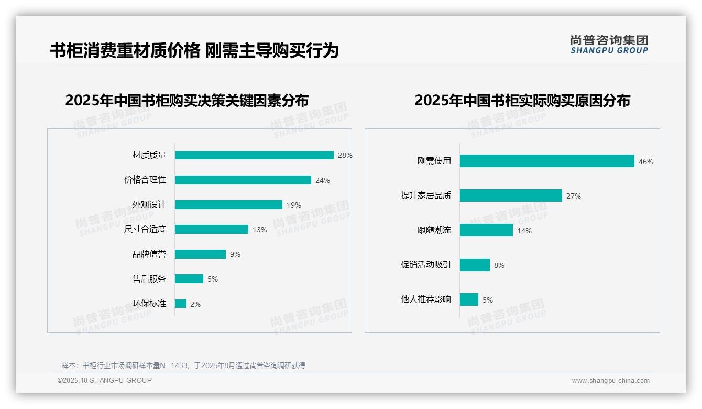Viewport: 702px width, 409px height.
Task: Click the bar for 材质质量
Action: coord(254,155)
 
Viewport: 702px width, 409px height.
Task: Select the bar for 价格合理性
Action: coord(243,180)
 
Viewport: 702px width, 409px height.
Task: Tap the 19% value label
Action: coord(294,205)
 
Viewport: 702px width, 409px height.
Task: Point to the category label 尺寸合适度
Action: coord(145,229)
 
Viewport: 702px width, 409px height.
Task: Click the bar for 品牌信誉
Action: coord(200,254)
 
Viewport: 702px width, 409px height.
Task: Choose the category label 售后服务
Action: coord(149,279)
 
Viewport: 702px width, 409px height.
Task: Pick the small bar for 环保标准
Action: coord(180,304)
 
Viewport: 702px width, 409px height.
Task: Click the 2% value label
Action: coord(195,304)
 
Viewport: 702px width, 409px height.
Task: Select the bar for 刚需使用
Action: coord(547,161)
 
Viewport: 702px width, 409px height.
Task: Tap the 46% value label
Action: coord(646,162)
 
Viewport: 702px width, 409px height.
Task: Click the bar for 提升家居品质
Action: coord(511,196)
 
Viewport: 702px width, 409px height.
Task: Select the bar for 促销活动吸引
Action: coord(475,265)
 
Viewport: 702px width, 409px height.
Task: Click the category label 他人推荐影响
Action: coord(426,299)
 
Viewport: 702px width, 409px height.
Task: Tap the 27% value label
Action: coord(574,196)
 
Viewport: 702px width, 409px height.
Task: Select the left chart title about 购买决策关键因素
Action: coord(187,100)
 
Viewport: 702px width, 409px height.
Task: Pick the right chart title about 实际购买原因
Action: coord(522,100)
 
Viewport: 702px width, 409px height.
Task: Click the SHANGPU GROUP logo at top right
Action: coord(609,45)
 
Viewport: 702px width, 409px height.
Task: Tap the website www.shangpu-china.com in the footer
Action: coord(610,381)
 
